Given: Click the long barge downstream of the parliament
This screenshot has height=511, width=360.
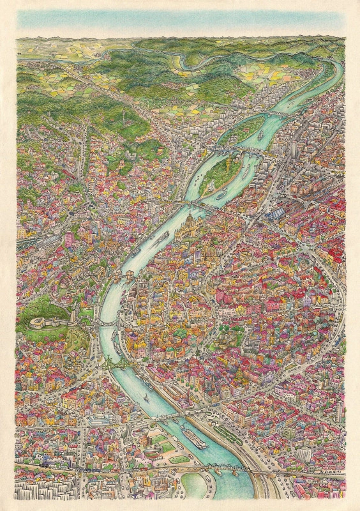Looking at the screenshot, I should click(160, 240).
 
